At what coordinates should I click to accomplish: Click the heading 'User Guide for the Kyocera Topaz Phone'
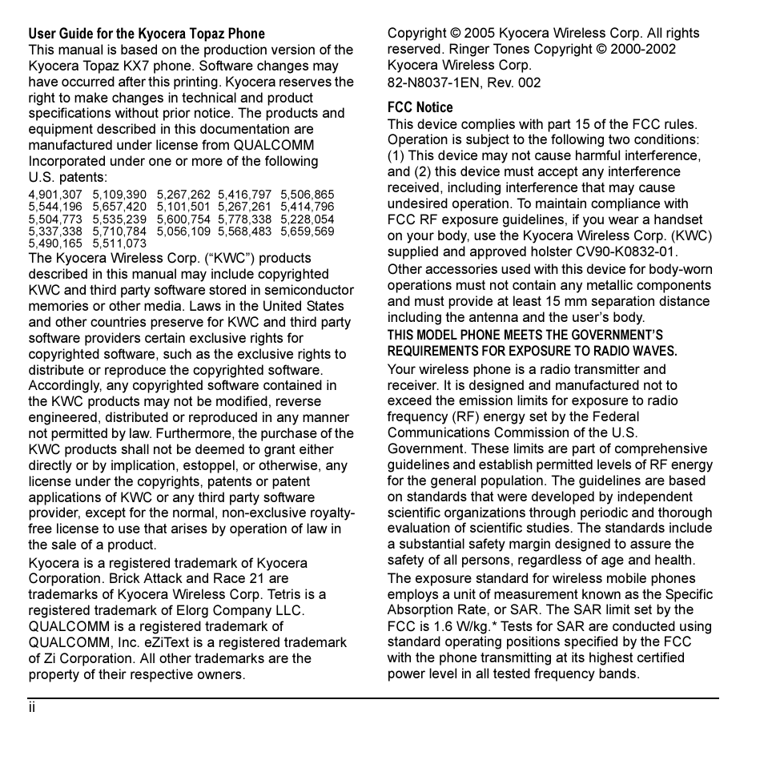147,34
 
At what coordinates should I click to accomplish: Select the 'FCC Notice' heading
420,107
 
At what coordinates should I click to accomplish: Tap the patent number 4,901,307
55,195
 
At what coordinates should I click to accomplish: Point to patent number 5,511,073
119,243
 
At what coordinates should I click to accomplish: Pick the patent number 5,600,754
183,219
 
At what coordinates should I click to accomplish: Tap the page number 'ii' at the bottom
32,708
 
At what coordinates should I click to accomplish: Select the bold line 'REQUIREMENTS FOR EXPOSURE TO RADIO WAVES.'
532,351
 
